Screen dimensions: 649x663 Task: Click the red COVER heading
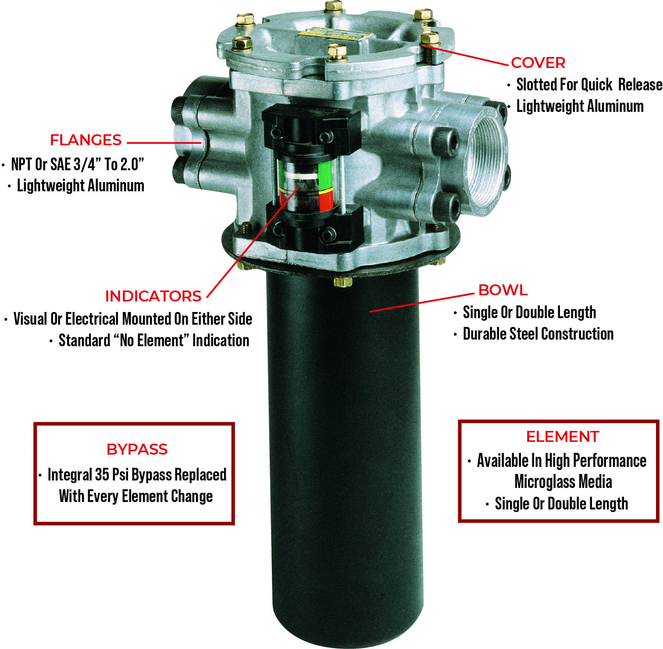point(538,63)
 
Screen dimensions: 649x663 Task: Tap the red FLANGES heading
point(86,140)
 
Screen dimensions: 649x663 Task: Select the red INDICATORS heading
point(153,296)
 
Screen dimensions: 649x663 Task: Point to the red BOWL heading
point(503,290)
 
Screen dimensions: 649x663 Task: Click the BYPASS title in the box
point(137,449)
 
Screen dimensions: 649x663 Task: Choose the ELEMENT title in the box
point(563,437)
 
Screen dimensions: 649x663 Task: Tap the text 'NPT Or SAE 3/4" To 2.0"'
point(78,165)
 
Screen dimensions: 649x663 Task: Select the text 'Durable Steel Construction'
point(538,334)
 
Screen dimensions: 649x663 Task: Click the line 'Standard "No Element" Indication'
point(153,341)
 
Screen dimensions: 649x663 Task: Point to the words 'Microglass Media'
point(563,482)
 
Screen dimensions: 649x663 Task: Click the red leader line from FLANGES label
point(164,143)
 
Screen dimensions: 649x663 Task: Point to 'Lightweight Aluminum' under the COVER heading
point(580,107)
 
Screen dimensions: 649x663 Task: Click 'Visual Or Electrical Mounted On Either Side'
point(132,319)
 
